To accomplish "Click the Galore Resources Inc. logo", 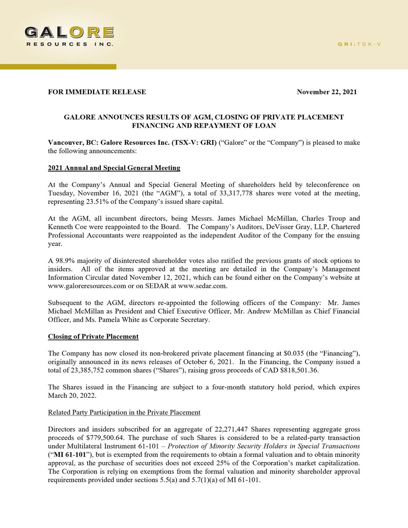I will point(69,37).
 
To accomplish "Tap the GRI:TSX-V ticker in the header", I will point(359,44).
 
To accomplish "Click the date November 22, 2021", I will point(327,92).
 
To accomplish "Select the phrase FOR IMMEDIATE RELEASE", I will point(97,92).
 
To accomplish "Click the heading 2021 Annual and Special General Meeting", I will point(114,168).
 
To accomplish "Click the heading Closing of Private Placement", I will point(93,337).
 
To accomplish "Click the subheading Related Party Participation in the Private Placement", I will point(124,412).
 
